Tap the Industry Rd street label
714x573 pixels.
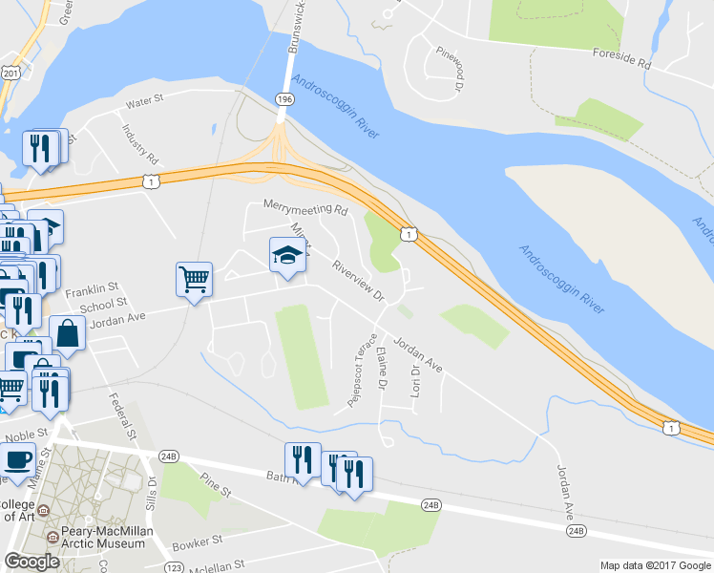point(139,143)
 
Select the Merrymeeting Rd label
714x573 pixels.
point(305,207)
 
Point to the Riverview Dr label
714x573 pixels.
point(358,283)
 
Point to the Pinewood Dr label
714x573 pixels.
point(451,70)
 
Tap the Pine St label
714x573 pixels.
point(217,483)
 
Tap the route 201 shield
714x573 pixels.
point(10,73)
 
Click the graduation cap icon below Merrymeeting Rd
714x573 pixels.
point(287,255)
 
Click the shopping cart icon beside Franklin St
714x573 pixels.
point(194,279)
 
